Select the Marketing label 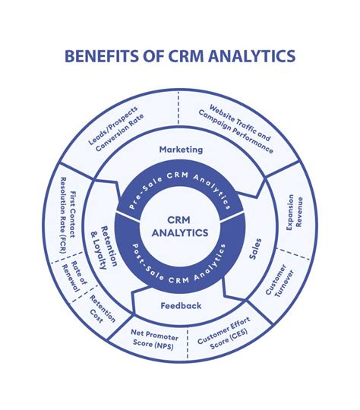click(181, 150)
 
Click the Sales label click(255, 248)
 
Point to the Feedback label click(181, 305)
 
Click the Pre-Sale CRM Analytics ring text click(180, 190)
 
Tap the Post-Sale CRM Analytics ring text click(180, 265)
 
